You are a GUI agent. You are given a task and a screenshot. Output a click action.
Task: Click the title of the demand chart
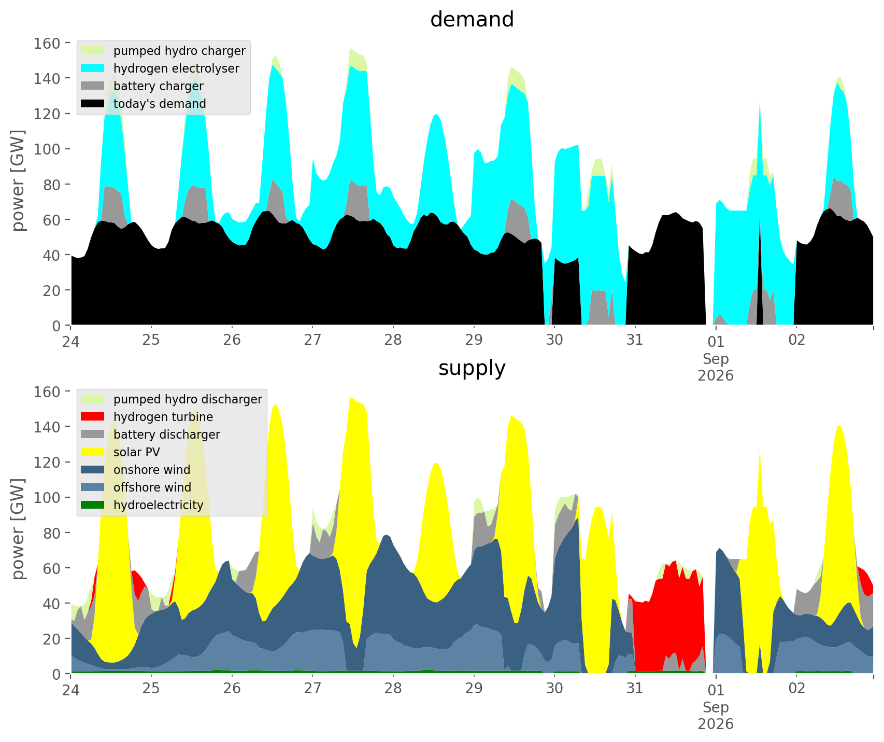(x=472, y=20)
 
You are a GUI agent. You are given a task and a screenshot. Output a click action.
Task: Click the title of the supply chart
(x=472, y=368)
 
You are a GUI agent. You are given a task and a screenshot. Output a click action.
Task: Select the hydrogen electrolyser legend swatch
(x=93, y=68)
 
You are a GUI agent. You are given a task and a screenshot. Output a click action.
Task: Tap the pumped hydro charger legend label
(x=179, y=51)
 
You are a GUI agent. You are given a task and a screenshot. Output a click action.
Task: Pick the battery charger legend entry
(x=142, y=86)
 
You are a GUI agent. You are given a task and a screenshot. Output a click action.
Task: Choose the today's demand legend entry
(x=144, y=104)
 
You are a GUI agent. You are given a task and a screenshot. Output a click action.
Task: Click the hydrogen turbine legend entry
(x=147, y=417)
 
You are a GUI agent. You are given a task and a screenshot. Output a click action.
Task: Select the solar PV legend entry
(x=121, y=452)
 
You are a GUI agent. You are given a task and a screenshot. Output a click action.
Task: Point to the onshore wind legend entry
(x=136, y=470)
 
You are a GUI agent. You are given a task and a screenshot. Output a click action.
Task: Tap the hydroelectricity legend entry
(x=142, y=505)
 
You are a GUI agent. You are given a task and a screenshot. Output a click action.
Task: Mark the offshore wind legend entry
(x=136, y=487)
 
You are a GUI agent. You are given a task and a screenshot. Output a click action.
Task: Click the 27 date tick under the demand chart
(x=312, y=340)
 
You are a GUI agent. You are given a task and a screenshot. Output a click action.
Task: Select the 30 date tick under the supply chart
(x=554, y=689)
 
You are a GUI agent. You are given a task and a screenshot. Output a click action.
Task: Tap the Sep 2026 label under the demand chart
(x=716, y=367)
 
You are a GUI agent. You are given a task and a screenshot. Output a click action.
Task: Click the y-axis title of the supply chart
(x=19, y=532)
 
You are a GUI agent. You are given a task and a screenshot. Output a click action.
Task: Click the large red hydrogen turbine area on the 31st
(x=668, y=612)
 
